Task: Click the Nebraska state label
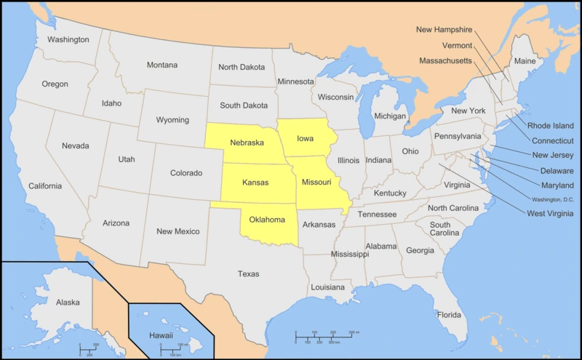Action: point(247,142)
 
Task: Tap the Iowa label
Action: point(305,137)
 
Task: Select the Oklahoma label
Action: point(267,219)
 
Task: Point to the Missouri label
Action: point(317,181)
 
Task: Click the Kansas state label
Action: point(255,182)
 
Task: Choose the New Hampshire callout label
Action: point(444,30)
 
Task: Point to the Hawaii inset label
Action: point(161,335)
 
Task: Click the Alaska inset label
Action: point(68,302)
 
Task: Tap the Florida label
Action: point(449,315)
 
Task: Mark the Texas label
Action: point(248,273)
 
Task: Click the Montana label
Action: point(162,65)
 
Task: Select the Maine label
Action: point(525,61)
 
